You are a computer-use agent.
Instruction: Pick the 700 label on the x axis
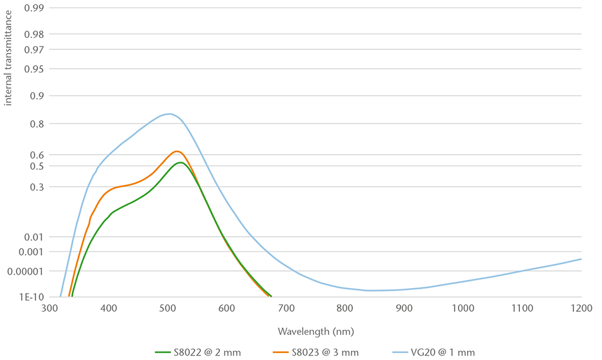click(286, 308)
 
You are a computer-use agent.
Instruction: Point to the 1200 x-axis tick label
click(581, 308)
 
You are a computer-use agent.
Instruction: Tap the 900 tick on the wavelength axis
click(404, 308)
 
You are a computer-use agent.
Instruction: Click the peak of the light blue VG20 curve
click(168, 114)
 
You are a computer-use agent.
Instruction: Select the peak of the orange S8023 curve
click(177, 151)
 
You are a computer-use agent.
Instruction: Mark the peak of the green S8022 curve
click(181, 162)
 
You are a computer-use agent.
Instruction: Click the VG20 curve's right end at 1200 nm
click(581, 259)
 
